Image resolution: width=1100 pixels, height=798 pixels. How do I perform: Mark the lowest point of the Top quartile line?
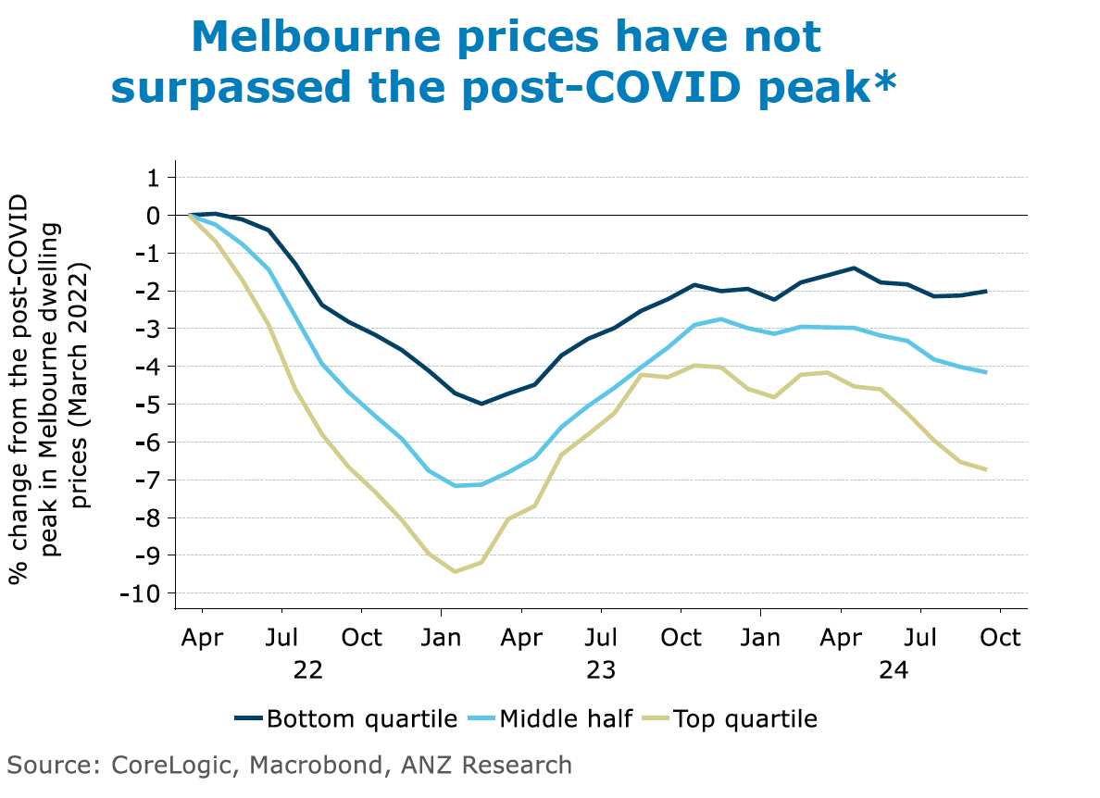[x=455, y=571]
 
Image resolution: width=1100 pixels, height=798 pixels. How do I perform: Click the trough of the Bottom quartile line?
[x=481, y=404]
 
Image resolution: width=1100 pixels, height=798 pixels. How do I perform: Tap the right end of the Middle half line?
[x=986, y=372]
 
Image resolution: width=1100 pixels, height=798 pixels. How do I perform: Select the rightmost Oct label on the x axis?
[x=1000, y=638]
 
